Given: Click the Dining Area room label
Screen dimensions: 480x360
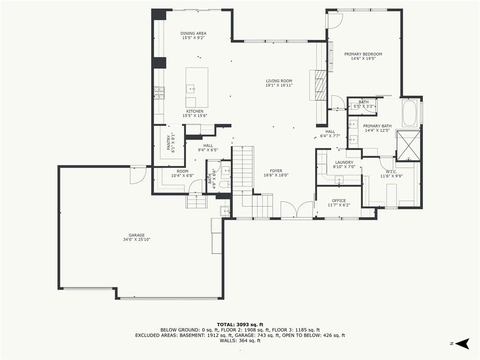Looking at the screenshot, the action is (193, 33).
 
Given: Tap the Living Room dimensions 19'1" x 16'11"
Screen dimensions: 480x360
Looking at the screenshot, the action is (279, 85).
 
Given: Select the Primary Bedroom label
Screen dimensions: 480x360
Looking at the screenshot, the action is (363, 54).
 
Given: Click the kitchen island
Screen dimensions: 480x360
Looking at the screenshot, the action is (197, 87).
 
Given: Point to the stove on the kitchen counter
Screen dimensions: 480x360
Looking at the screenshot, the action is (159, 93).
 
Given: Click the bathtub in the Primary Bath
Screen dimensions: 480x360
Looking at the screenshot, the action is (409, 113).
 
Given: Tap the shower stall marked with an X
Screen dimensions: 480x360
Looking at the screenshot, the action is (408, 146).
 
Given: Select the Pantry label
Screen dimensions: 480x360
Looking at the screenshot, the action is (169, 142).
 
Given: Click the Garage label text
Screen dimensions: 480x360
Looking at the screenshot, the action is (136, 235).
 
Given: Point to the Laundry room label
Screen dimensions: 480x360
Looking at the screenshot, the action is (344, 163).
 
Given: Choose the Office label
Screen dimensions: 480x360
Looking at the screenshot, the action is (339, 201).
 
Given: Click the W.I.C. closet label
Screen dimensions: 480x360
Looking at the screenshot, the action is (391, 172).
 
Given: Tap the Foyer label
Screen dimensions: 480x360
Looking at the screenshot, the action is (276, 171).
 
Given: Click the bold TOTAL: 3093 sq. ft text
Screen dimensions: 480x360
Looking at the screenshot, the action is (240, 324).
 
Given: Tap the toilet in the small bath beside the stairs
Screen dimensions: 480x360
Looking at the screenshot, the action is (226, 184).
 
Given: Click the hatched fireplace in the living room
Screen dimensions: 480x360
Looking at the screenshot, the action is (321, 85).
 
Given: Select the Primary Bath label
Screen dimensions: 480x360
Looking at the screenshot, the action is (377, 126).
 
